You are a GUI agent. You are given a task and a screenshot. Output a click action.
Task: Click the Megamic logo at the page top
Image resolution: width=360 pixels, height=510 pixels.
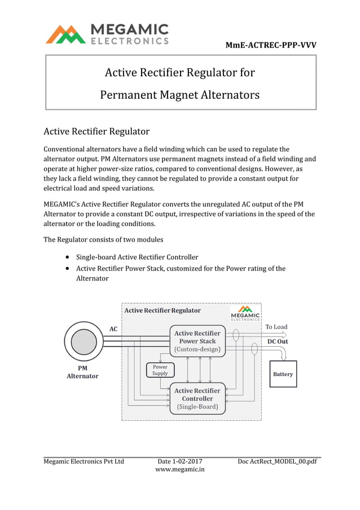(x=107, y=33)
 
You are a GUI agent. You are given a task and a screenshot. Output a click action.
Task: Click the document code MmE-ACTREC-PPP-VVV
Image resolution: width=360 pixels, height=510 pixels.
(x=270, y=45)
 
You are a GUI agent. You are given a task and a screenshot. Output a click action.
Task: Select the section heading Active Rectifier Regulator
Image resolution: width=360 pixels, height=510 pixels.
(x=96, y=132)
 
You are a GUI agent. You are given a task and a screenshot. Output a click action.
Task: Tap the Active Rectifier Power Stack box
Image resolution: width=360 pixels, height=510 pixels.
(x=197, y=341)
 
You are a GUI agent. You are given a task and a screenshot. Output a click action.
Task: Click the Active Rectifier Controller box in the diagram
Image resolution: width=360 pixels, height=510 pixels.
(x=197, y=399)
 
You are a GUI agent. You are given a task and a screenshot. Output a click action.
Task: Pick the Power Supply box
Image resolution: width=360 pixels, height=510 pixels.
(x=160, y=370)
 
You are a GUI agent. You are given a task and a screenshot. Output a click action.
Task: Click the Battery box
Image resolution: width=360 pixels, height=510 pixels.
(x=283, y=374)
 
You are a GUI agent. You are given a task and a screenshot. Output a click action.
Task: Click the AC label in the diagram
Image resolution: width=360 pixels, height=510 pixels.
(x=113, y=329)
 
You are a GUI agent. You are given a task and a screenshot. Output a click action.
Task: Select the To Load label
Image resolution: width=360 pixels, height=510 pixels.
(x=276, y=327)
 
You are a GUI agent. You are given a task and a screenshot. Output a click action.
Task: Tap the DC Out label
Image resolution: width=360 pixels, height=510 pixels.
(x=277, y=342)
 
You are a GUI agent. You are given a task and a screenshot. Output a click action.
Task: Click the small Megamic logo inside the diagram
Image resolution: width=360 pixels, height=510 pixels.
(x=245, y=313)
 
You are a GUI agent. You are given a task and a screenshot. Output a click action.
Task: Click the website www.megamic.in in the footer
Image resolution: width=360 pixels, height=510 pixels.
(x=179, y=469)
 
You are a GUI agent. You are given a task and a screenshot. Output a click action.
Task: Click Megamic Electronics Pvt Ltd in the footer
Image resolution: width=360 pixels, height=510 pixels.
(x=84, y=461)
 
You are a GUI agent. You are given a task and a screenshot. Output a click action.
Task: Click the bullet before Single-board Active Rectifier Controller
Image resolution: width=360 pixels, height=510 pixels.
(x=68, y=257)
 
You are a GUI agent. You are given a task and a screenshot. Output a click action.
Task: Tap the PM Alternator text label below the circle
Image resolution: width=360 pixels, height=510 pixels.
(x=82, y=372)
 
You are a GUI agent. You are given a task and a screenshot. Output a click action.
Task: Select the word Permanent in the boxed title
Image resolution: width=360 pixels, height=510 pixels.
(x=128, y=95)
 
